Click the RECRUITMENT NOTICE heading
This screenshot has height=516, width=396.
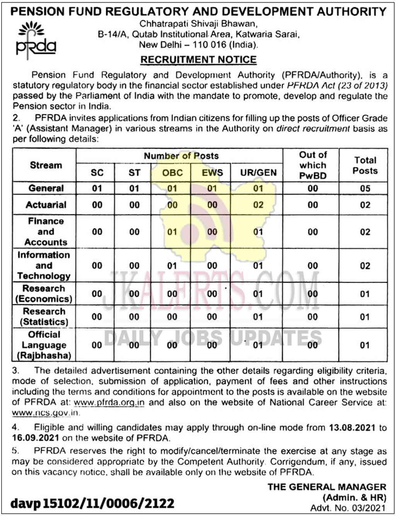(x=198, y=60)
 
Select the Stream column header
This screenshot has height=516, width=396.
(x=46, y=165)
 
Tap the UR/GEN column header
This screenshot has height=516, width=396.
(x=258, y=173)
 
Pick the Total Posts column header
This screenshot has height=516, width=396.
(x=365, y=165)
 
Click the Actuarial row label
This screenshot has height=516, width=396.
(x=46, y=205)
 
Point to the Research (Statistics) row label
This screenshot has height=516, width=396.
(x=44, y=317)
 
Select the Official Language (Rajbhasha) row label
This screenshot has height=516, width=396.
(x=44, y=345)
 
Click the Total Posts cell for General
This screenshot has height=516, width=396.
(x=365, y=189)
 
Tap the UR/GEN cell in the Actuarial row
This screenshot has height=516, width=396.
(x=258, y=205)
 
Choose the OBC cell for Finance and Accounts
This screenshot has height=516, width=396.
(x=172, y=232)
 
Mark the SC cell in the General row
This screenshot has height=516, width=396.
(x=97, y=189)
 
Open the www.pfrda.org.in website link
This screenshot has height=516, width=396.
(x=109, y=402)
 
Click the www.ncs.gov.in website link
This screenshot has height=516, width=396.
(x=46, y=413)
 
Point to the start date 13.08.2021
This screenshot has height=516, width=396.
(x=352, y=427)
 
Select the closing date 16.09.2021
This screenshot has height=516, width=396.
(x=36, y=438)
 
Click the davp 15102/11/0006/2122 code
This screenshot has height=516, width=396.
(x=92, y=503)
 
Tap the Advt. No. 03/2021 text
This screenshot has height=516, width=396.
(x=348, y=508)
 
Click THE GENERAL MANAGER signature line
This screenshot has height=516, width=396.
(x=327, y=487)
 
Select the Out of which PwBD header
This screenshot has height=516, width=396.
(x=312, y=165)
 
